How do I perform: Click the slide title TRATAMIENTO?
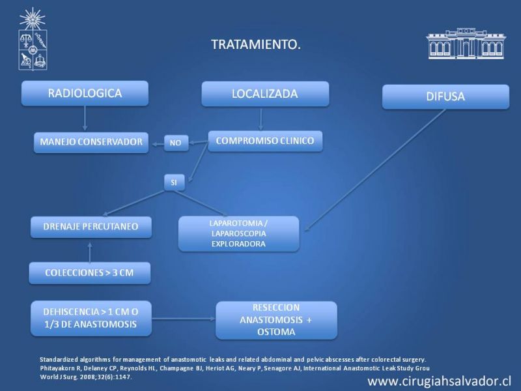click(x=256, y=44)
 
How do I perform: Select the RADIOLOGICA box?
click(x=85, y=93)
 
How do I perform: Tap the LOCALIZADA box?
click(x=265, y=94)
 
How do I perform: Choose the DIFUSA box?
click(x=445, y=96)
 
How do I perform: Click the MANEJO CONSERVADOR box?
click(x=91, y=143)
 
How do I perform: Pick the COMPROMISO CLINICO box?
click(x=265, y=141)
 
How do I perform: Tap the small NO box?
click(x=176, y=143)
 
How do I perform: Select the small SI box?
click(x=174, y=182)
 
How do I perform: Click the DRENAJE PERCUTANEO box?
click(x=91, y=227)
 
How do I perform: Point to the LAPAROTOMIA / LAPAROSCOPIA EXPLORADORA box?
click(x=238, y=234)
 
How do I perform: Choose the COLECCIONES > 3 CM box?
click(x=90, y=273)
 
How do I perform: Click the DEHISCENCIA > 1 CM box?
click(x=91, y=319)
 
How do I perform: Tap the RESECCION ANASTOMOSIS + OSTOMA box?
click(x=276, y=320)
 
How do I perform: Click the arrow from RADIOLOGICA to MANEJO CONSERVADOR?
click(x=85, y=119)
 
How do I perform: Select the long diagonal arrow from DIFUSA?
click(x=375, y=170)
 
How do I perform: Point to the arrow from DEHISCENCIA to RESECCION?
click(x=184, y=319)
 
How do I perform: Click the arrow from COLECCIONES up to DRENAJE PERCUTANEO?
click(x=90, y=253)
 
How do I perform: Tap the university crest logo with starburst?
click(x=33, y=39)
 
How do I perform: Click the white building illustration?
click(x=466, y=44)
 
